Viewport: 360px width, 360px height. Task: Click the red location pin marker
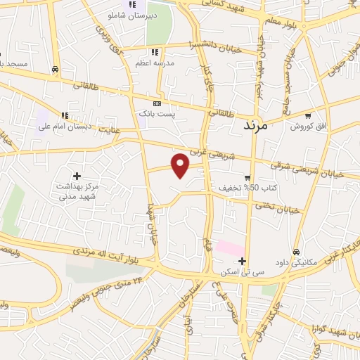(181, 165)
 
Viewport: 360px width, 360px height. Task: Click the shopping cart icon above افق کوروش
(307, 115)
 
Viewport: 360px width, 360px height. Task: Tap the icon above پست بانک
(157, 103)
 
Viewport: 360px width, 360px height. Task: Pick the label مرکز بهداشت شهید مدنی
(76, 191)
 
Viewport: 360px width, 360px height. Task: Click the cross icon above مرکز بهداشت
(77, 175)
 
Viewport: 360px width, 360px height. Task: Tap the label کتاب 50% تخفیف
(252, 188)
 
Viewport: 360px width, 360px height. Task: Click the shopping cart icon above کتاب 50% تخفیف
(247, 177)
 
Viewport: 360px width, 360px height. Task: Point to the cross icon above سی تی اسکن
(242, 262)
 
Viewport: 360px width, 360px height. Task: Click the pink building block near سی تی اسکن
(230, 248)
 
